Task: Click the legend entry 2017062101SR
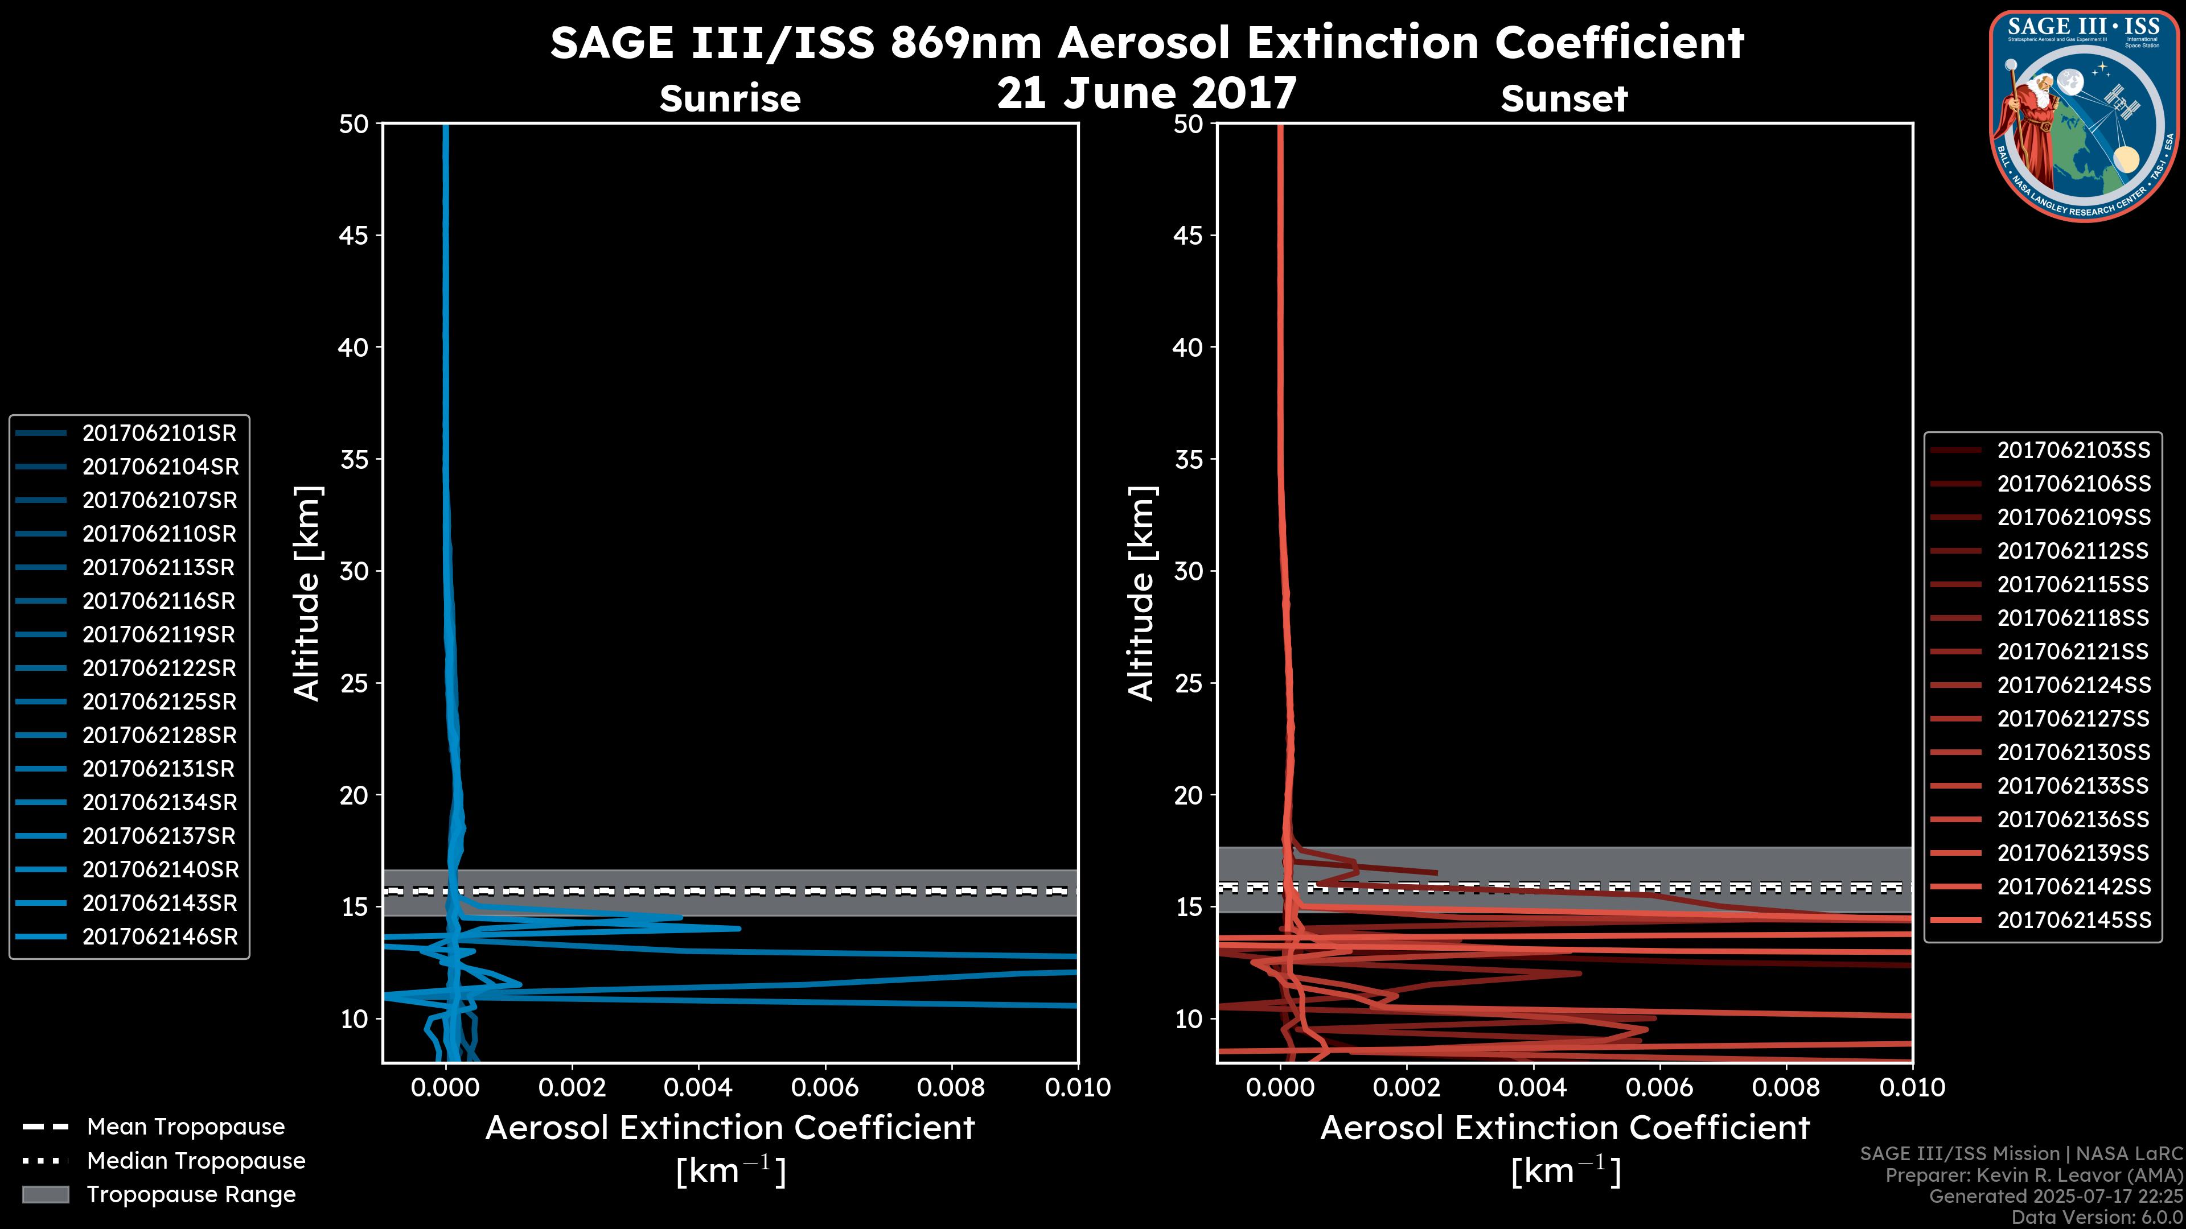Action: tap(159, 434)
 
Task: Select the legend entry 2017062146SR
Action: tap(159, 937)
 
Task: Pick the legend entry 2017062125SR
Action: tap(159, 702)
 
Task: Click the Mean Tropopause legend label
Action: tap(185, 1127)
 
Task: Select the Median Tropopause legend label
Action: tap(195, 1161)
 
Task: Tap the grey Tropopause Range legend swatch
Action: tap(45, 1195)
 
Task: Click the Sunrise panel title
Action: tap(730, 99)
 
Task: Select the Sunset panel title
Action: tap(1564, 99)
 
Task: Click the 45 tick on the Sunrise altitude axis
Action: tap(354, 236)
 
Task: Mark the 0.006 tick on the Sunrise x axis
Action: tap(824, 1087)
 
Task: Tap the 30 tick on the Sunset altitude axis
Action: tap(1188, 572)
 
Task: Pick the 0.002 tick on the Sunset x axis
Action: tap(1406, 1087)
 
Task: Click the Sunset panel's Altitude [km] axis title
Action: tap(1142, 593)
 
